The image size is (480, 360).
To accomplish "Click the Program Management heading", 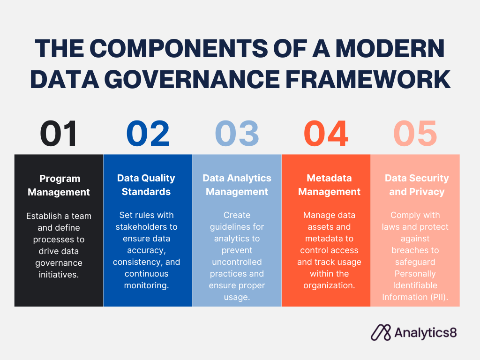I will [59, 185].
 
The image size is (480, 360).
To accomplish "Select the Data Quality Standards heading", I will [146, 185].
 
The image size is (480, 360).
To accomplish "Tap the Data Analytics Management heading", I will [237, 185].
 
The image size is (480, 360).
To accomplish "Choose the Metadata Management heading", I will [329, 185].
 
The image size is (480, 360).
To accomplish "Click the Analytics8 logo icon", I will [381, 332].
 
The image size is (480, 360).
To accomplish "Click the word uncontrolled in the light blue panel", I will [237, 262].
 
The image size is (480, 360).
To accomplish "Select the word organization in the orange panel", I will [329, 285].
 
